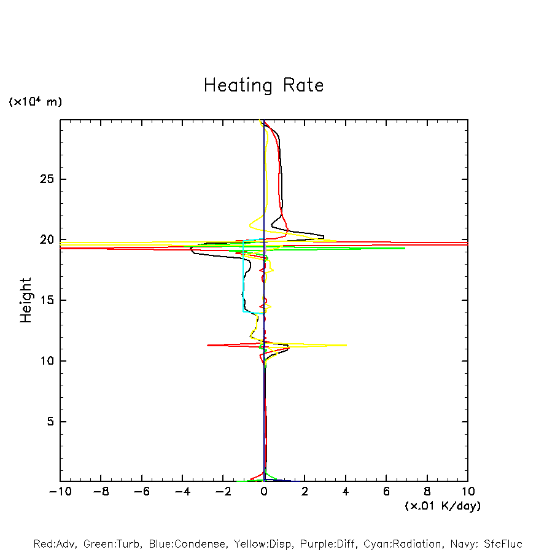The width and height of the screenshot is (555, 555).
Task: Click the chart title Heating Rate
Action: point(263,85)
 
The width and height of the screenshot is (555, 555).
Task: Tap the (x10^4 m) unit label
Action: point(35,102)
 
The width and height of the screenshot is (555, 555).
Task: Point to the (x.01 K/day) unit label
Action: point(442,506)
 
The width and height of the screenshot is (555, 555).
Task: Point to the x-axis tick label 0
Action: point(264,492)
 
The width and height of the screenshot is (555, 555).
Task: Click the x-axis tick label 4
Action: point(346,492)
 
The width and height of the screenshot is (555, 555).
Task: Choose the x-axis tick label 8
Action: point(427,492)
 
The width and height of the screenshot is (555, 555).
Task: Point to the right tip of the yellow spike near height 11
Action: point(346,345)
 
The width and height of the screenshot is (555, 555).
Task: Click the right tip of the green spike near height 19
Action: point(405,248)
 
